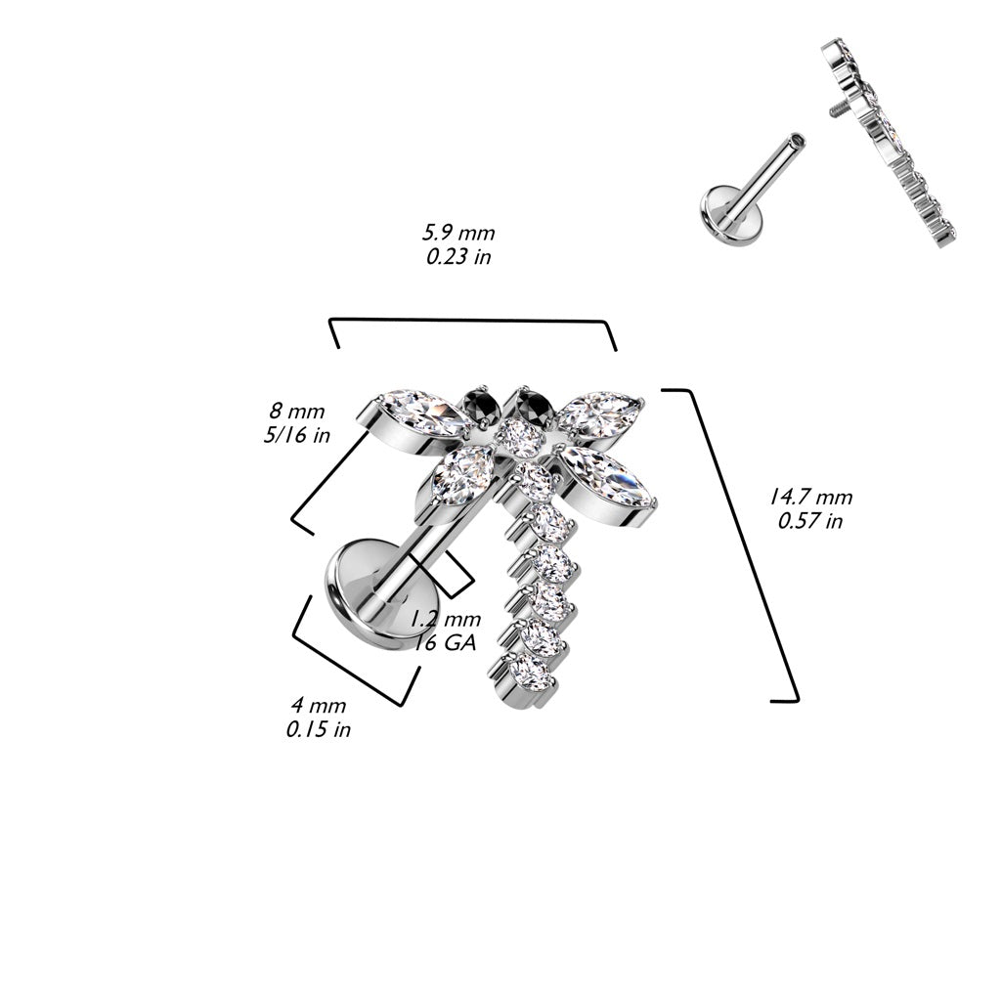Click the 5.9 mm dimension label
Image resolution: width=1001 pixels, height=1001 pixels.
(x=458, y=233)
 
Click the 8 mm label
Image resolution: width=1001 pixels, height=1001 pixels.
(x=296, y=411)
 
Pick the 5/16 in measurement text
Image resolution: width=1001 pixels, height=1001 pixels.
(x=296, y=435)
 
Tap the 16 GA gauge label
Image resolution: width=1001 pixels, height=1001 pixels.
(x=446, y=642)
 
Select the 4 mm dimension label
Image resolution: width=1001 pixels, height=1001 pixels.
(x=318, y=705)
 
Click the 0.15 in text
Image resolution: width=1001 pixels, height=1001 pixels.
(x=318, y=729)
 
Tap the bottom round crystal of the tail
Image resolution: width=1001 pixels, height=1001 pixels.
(x=530, y=670)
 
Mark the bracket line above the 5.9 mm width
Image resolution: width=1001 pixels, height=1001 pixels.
(x=474, y=320)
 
